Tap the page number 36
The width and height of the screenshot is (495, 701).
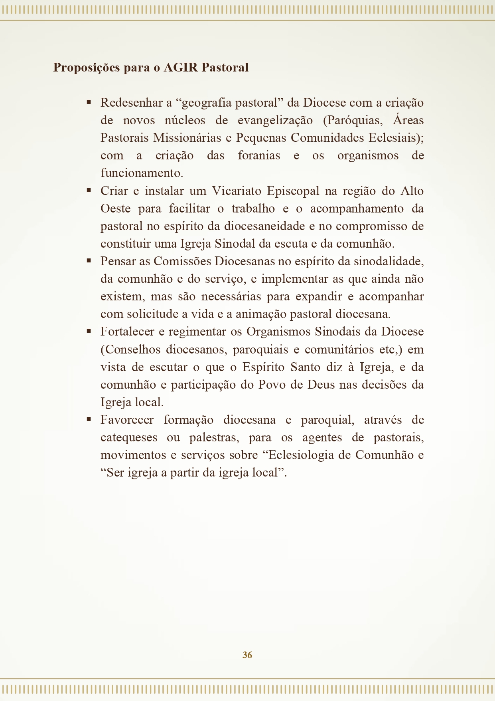(x=247, y=655)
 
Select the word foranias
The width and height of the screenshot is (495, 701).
(x=259, y=155)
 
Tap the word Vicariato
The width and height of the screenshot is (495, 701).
(x=237, y=191)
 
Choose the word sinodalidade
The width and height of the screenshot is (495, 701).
(x=386, y=261)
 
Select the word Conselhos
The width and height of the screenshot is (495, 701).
(x=130, y=350)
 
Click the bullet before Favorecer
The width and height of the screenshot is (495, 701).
(x=89, y=419)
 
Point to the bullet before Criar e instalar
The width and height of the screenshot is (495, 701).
(x=89, y=191)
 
